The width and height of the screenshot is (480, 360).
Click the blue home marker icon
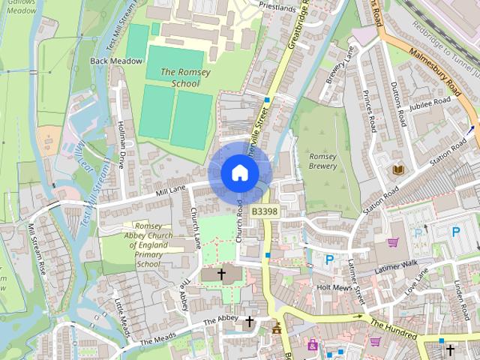click(240, 172)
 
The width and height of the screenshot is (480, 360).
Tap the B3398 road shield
click(265, 212)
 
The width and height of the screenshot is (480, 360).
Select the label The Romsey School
click(175, 78)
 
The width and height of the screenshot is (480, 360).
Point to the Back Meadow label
click(110, 60)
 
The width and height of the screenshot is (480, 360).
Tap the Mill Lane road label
click(170, 192)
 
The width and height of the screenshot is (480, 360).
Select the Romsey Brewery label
click(323, 161)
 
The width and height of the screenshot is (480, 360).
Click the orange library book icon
click(397, 170)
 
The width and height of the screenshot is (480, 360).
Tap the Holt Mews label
click(334, 286)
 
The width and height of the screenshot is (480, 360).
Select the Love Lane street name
click(421, 284)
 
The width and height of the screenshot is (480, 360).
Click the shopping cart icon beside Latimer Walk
click(392, 242)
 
